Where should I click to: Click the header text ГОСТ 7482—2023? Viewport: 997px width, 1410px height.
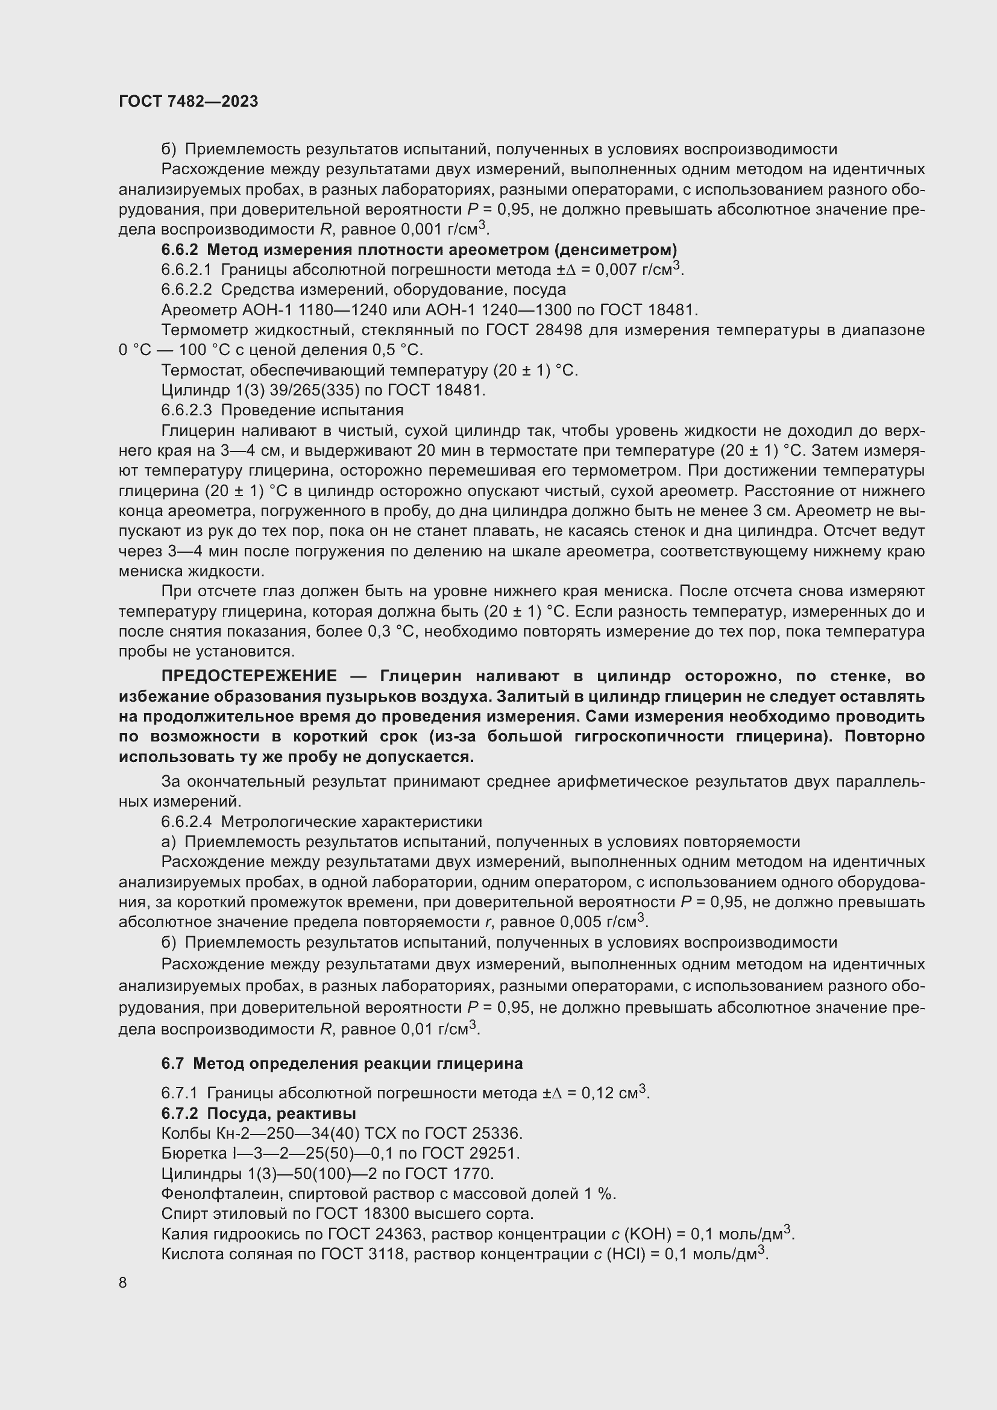tap(189, 102)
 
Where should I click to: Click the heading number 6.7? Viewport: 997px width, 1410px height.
tap(172, 1063)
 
